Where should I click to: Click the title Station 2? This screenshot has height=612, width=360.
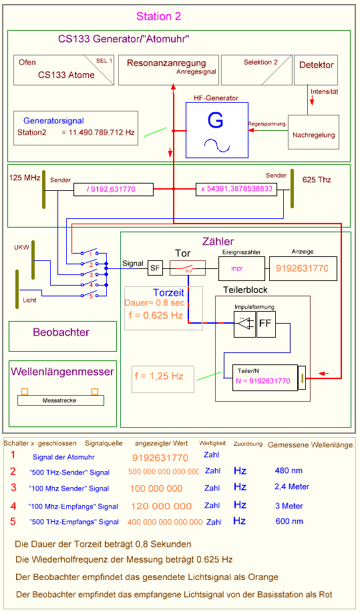pos(158,17)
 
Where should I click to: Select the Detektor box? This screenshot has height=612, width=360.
pos(316,70)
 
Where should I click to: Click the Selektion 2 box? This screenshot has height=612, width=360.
pos(256,70)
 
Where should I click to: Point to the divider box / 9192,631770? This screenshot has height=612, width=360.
pos(112,190)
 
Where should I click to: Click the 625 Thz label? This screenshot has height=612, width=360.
pos(317,180)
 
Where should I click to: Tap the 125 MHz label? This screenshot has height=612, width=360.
pos(25,178)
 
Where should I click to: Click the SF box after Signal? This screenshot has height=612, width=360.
pos(155,268)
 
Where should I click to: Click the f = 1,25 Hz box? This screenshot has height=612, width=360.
pos(163,378)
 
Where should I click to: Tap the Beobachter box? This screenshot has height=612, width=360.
pos(61,332)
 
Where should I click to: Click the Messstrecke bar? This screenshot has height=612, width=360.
pos(61,400)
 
